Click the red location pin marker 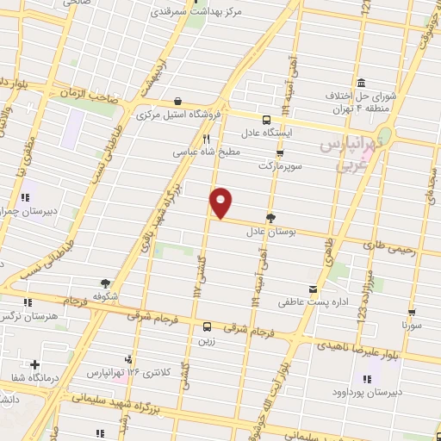[x=222, y=202]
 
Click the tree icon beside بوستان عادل [x=271, y=218]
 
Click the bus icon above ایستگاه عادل [x=266, y=120]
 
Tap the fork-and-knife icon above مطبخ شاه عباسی [x=206, y=138]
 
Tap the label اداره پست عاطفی [x=309, y=302]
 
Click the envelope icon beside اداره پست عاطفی [x=313, y=289]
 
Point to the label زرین [x=207, y=341]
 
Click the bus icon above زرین [x=207, y=326]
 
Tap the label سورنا [x=417, y=328]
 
